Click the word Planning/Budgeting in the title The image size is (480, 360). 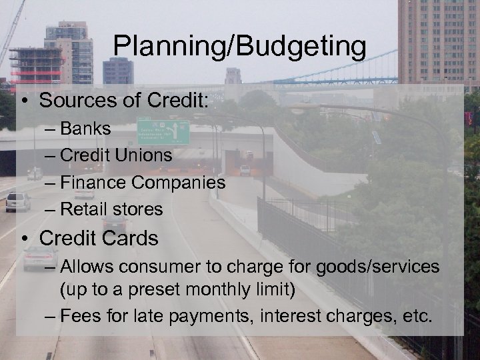239,47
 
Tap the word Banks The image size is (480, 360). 86,128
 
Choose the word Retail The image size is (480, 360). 83,209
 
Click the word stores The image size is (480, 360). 137,209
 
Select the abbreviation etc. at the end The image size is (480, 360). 417,315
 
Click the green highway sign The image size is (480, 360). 163,132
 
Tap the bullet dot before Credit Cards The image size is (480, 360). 26,238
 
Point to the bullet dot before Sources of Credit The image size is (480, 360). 26,101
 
